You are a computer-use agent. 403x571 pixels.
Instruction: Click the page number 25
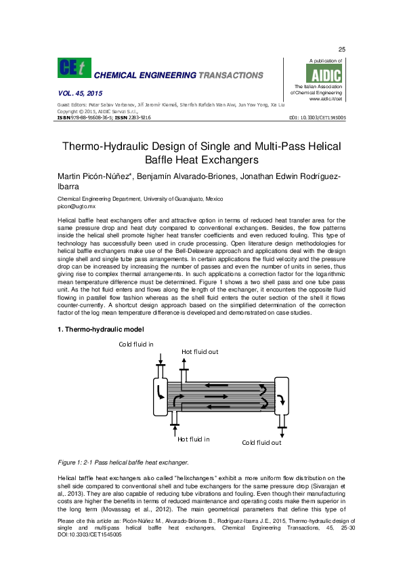342,50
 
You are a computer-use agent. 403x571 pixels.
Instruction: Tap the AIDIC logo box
326,74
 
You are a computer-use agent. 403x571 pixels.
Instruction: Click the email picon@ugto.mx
77,205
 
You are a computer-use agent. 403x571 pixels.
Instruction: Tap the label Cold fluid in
136,344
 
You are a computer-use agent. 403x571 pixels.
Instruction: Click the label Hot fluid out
200,352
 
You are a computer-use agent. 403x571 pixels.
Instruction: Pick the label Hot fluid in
193,439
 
